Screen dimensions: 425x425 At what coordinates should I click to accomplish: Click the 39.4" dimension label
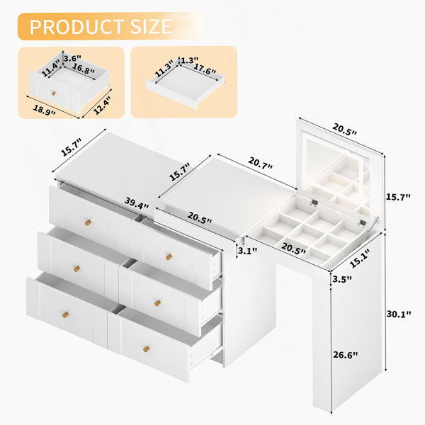pyautogui.click(x=137, y=203)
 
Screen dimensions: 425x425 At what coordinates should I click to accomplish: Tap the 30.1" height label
pyautogui.click(x=399, y=314)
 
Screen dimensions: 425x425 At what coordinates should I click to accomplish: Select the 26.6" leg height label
pyautogui.click(x=346, y=355)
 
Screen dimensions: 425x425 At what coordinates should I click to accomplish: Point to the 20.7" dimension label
pyautogui.click(x=260, y=163)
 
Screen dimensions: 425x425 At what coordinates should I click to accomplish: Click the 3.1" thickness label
pyautogui.click(x=247, y=251)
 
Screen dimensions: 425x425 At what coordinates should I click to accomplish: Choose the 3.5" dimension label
pyautogui.click(x=342, y=279)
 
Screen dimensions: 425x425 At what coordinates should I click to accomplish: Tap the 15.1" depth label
pyautogui.click(x=359, y=259)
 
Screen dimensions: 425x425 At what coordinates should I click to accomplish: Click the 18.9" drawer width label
pyautogui.click(x=44, y=110)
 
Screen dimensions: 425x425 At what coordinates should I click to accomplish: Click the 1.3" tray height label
pyautogui.click(x=190, y=60)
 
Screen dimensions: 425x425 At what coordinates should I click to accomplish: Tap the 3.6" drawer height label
pyautogui.click(x=72, y=58)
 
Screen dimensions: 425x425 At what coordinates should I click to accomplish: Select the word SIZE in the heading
pyautogui.click(x=151, y=27)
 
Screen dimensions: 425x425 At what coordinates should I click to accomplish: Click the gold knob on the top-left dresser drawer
pyautogui.click(x=89, y=222)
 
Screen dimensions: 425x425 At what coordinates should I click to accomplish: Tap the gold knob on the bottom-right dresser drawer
pyautogui.click(x=147, y=348)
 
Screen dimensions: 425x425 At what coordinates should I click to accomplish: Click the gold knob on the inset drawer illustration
pyautogui.click(x=54, y=93)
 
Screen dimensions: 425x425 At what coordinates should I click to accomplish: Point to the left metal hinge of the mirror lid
pyautogui.click(x=314, y=203)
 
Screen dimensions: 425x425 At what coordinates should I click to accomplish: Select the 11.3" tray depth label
pyautogui.click(x=164, y=69)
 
